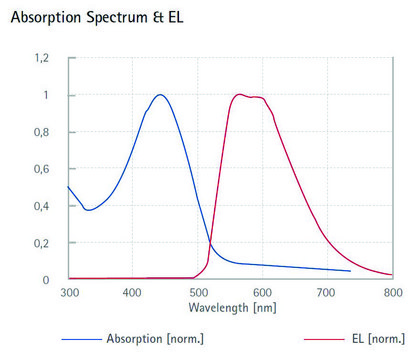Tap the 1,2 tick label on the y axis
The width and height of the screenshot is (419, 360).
click(40, 59)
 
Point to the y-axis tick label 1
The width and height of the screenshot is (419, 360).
click(44, 96)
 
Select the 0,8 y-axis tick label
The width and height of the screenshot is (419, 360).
click(40, 133)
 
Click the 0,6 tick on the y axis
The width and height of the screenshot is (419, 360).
click(40, 169)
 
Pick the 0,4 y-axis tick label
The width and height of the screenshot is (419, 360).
click(40, 206)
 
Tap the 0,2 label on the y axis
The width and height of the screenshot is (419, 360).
click(40, 243)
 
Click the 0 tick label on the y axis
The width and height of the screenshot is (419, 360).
click(44, 280)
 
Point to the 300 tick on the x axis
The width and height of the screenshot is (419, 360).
click(68, 294)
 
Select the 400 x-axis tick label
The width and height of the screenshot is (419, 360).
click(133, 294)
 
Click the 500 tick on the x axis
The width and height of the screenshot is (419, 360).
click(197, 294)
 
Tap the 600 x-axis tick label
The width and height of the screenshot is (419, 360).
click(262, 294)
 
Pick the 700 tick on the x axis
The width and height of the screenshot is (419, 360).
click(327, 294)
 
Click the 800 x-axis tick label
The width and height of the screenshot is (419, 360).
click(391, 294)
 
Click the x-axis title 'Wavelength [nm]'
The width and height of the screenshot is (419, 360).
click(230, 308)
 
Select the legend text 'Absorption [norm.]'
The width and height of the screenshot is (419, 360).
click(155, 339)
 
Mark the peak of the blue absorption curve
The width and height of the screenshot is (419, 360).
click(160, 95)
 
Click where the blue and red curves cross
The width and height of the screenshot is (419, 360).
click(210, 242)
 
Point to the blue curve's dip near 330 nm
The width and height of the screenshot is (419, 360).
click(88, 210)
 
